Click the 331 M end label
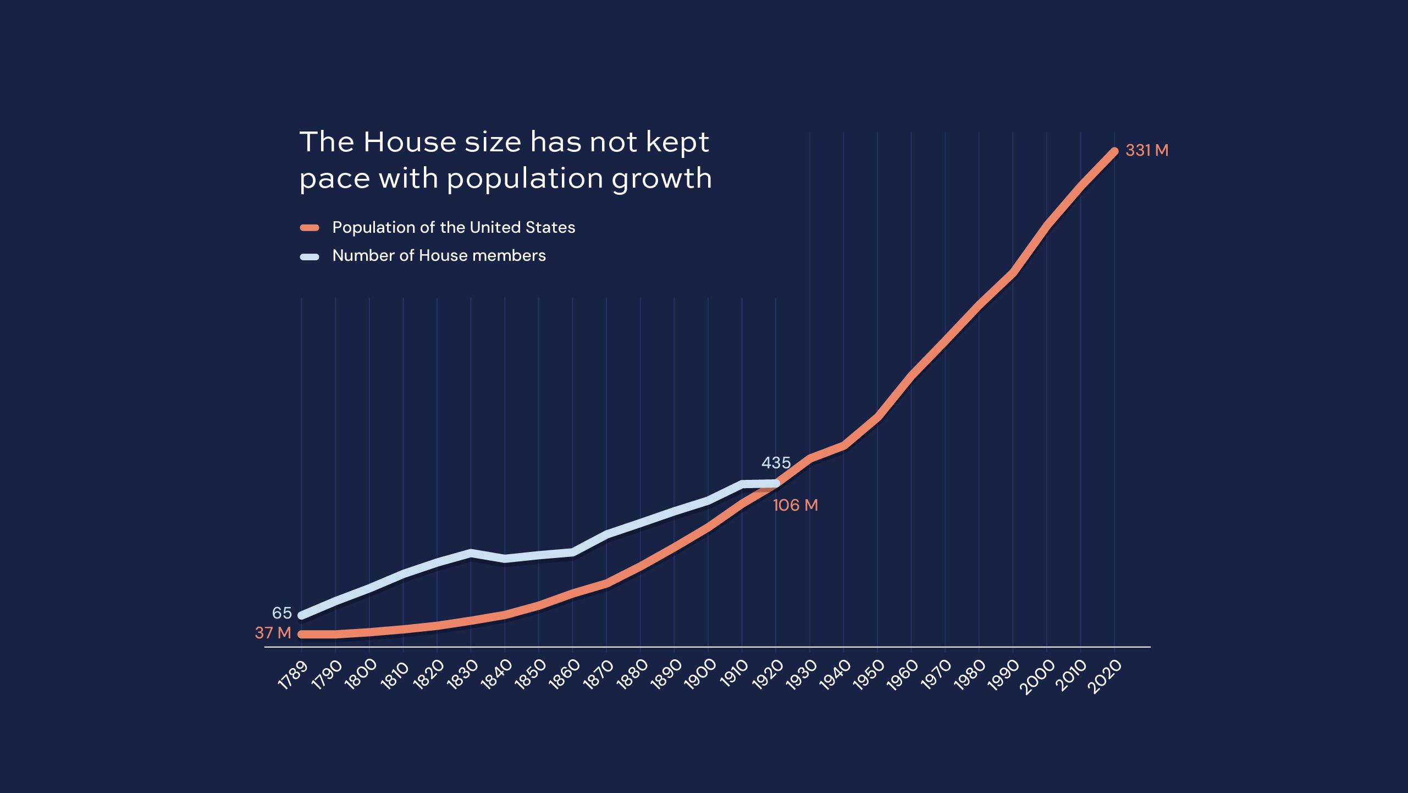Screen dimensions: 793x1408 [x=1147, y=150]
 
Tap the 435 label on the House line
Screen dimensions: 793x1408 [x=776, y=463]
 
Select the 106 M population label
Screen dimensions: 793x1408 [x=795, y=505]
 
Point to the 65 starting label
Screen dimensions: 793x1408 [x=281, y=613]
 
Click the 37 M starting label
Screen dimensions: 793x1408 [x=273, y=633]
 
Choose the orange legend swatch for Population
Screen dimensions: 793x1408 [x=310, y=228]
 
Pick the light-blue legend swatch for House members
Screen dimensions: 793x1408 [x=310, y=256]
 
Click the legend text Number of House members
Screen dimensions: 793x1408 [x=439, y=255]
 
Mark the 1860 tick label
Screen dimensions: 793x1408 [x=564, y=675]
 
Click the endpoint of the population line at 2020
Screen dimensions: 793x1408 [x=1114, y=151]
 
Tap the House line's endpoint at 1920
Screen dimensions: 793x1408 [x=776, y=484]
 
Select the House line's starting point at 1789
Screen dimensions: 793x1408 [x=301, y=615]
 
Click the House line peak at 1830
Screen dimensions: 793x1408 [x=471, y=553]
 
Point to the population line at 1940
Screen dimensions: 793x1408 [x=843, y=445]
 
